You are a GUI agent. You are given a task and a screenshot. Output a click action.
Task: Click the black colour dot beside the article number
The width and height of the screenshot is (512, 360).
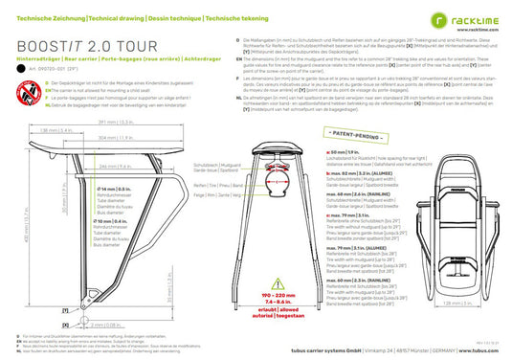point(22,69)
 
